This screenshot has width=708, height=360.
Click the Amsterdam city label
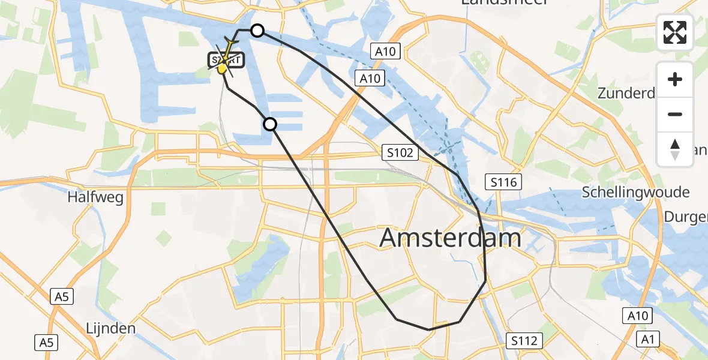[451, 238]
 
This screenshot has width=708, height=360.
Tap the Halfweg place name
[96, 197]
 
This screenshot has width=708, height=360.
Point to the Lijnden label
[110, 328]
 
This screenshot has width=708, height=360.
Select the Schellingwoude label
[636, 192]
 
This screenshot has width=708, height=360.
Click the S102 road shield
[400, 153]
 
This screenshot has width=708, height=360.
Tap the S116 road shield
[503, 182]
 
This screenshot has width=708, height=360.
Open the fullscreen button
[675, 32]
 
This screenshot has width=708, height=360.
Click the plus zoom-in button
[675, 79]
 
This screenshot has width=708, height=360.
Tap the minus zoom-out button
[675, 114]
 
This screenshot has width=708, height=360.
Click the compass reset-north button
[675, 149]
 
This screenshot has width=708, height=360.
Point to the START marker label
[227, 60]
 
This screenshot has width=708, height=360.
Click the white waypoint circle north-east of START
[257, 31]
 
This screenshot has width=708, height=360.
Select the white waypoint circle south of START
[270, 124]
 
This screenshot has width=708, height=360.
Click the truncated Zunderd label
[626, 93]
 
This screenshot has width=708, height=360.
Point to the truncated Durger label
[686, 217]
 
